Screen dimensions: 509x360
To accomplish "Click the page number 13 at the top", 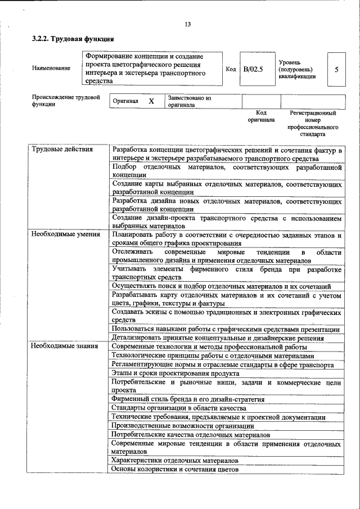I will coord(187,24).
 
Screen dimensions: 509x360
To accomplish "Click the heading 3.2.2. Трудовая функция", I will coord(73,39).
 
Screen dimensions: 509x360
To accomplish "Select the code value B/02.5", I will coord(253,69).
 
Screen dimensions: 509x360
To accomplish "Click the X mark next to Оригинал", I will coord(151,101).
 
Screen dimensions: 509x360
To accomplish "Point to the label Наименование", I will coord(51,69).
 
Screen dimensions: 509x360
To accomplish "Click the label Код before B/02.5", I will coord(230,69).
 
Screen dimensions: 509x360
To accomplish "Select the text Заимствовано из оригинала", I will coord(188,101).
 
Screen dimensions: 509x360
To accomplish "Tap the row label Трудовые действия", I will coord(55,150).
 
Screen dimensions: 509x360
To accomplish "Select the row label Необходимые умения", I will coord(58,233).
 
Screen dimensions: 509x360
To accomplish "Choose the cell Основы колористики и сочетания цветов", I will coord(175,468).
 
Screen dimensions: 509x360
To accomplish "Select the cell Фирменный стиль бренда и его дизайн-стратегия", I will coord(188,399).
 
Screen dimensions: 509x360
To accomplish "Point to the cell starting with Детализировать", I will coord(217,338).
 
